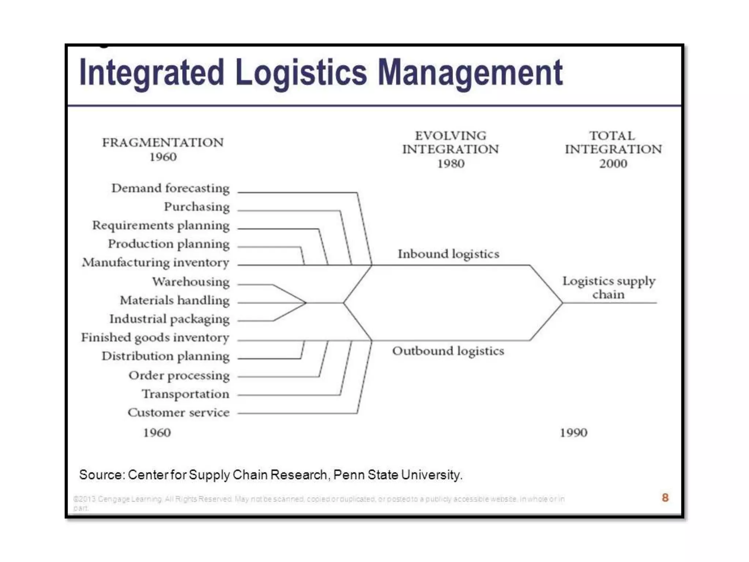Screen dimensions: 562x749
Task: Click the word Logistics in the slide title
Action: [x=301, y=73]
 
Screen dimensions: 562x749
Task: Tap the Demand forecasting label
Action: [x=170, y=188]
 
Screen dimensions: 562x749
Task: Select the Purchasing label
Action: [x=197, y=207]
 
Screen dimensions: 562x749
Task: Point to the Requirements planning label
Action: [x=161, y=226]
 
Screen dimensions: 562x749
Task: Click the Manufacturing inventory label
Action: [x=156, y=263]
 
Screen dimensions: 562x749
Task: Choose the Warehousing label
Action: [x=191, y=282]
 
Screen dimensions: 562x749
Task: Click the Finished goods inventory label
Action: [x=155, y=338]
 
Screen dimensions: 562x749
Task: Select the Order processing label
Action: [x=179, y=376]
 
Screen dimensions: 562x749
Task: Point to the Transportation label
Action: [x=186, y=394]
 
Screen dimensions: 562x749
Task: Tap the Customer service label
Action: [x=178, y=413]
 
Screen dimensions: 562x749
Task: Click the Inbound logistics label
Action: [x=448, y=254]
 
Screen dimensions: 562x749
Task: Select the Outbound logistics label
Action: [x=448, y=351]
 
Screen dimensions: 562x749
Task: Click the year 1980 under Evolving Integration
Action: [x=451, y=164]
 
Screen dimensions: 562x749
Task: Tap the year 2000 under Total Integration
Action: [x=613, y=164]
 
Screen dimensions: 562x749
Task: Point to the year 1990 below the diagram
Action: [x=573, y=433]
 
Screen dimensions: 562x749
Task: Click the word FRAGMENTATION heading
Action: [x=163, y=143]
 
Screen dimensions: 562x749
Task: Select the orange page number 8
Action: [x=665, y=498]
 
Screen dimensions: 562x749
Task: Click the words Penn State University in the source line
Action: [x=398, y=475]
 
